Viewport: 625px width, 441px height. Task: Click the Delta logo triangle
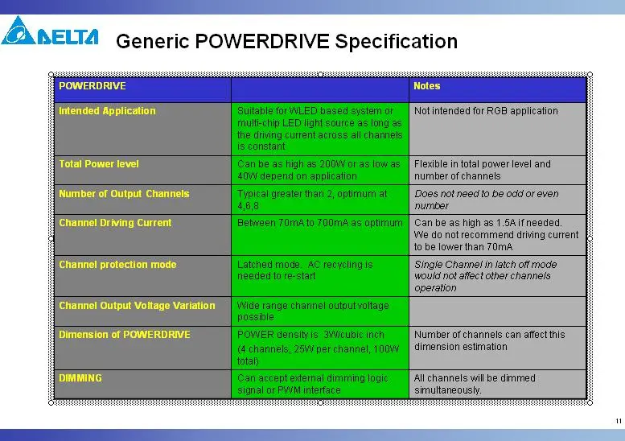tap(19, 31)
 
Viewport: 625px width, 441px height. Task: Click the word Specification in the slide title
tap(397, 42)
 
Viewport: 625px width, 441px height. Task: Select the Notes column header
tap(426, 86)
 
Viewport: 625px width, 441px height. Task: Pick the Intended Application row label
tap(107, 111)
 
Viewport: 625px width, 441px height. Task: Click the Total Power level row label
tap(99, 164)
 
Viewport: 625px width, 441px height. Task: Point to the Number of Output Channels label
tap(124, 194)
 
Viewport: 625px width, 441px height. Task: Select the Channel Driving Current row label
tap(115, 223)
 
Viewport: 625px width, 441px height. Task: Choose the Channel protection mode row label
tap(117, 265)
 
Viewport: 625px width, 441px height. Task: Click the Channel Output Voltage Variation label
tap(137, 306)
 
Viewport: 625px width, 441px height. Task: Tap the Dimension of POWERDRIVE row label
tap(125, 335)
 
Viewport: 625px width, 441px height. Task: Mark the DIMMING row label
tap(80, 378)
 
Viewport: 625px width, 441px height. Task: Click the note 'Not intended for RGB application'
tap(486, 111)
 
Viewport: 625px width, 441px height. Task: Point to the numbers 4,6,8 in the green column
tap(248, 206)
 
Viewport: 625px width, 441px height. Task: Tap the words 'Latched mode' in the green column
tap(269, 265)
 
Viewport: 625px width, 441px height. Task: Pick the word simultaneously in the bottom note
tap(447, 390)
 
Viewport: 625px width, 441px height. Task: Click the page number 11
tap(619, 421)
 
